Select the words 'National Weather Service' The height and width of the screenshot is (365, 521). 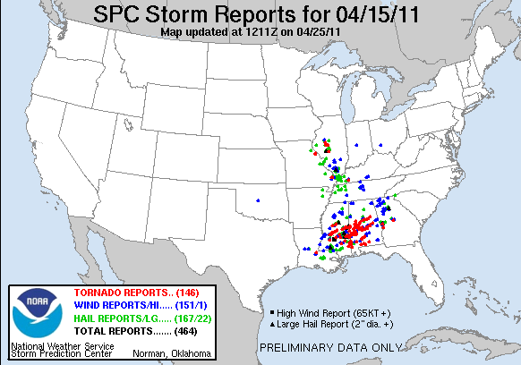pyautogui.click(x=50, y=344)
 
